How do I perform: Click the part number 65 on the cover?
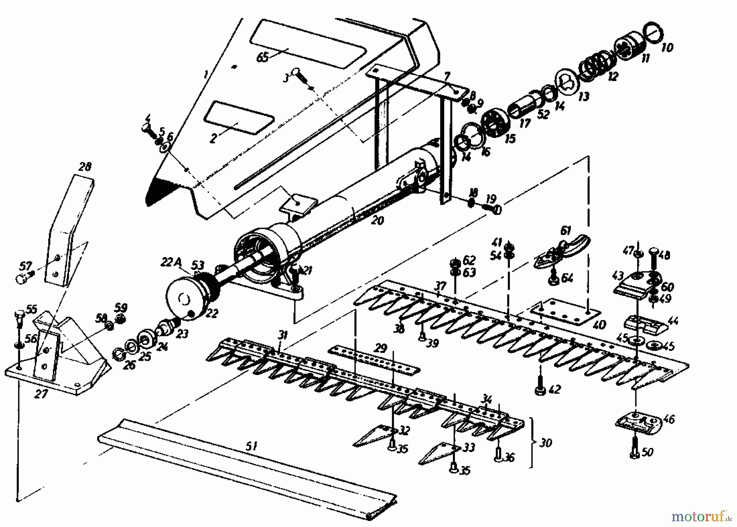[x=262, y=57]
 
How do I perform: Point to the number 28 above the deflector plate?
[x=85, y=167]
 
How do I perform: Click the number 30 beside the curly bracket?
[x=546, y=443]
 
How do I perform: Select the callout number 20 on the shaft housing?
[x=378, y=220]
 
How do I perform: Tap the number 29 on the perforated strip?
[x=380, y=348]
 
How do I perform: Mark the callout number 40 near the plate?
[x=599, y=326]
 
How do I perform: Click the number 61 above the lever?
[x=565, y=231]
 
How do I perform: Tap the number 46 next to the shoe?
[x=668, y=419]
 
